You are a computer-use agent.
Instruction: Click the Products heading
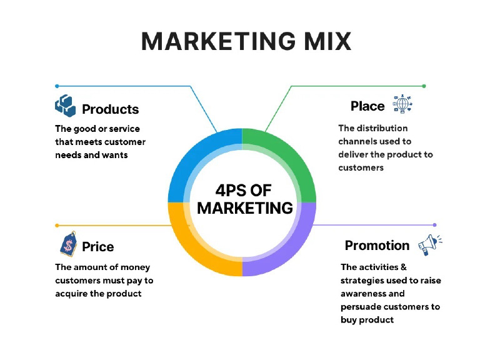pos(110,109)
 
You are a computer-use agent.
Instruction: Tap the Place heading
pos(367,106)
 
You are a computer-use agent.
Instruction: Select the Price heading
pos(98,247)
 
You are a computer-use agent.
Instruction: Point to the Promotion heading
pos(377,246)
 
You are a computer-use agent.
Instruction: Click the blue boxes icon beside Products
pos(65,106)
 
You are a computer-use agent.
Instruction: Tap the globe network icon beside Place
pos(402,104)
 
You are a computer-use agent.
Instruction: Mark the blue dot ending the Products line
pos(57,86)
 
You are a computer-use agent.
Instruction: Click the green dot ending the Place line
pos(424,86)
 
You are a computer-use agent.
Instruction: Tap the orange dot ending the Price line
pos(57,225)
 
